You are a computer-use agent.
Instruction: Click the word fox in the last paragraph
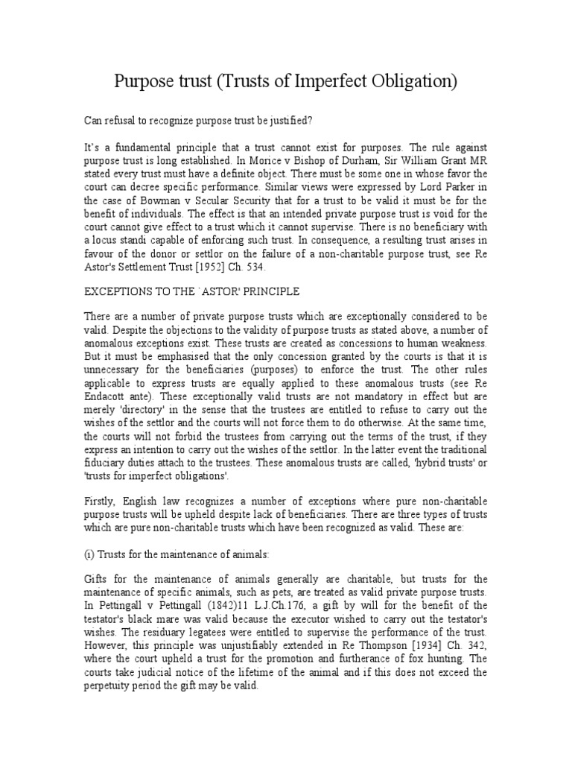(425, 659)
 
